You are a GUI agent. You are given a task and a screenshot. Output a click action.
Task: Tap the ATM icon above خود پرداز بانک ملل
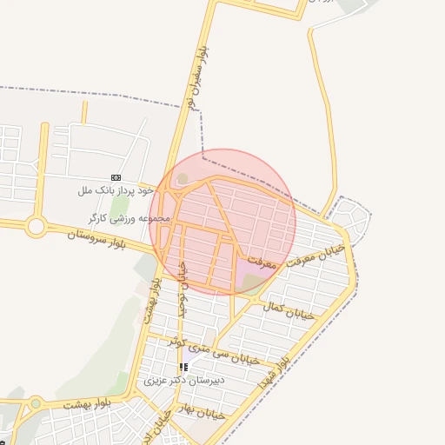[116, 176]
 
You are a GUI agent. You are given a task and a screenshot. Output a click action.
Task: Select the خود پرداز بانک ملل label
[116, 189]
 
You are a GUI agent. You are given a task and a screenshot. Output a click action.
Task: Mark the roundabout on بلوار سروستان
[36, 227]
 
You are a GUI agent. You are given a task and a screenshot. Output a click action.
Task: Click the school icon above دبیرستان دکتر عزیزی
[183, 367]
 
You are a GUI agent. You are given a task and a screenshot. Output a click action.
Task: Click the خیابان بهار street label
[199, 413]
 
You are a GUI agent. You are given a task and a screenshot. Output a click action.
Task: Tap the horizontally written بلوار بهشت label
[95, 402]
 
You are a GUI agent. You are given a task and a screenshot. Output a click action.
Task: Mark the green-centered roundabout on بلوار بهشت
[36, 402]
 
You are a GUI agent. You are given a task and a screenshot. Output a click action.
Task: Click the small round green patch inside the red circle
[182, 180]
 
